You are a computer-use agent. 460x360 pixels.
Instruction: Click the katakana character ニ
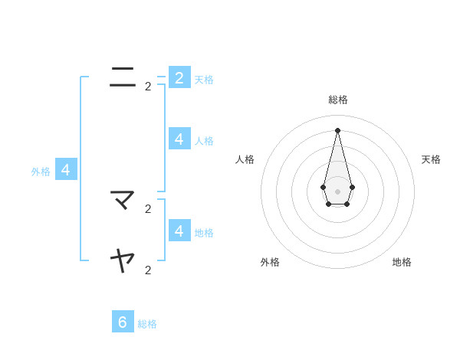pyautogui.click(x=123, y=77)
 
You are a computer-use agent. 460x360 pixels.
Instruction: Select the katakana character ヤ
pyautogui.click(x=123, y=261)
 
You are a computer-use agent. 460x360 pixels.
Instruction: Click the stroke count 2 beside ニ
pyautogui.click(x=148, y=87)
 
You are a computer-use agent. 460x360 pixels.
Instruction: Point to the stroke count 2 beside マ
pyautogui.click(x=148, y=208)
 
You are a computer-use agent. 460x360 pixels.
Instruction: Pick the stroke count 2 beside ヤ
pyautogui.click(x=148, y=270)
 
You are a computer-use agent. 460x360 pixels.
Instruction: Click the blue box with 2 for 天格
pyautogui.click(x=179, y=77)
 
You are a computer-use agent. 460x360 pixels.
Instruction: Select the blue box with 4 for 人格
pyautogui.click(x=179, y=139)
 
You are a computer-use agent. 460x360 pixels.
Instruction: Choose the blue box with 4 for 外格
pyautogui.click(x=66, y=169)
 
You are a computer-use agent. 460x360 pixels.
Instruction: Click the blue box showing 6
pyautogui.click(x=123, y=322)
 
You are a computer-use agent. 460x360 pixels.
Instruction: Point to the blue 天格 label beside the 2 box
pyautogui.click(x=204, y=80)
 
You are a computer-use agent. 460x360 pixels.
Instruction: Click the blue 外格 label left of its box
pyautogui.click(x=41, y=172)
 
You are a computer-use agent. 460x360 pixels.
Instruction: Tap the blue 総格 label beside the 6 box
pyautogui.click(x=147, y=324)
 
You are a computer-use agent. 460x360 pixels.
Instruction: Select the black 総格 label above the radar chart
pyautogui.click(x=338, y=100)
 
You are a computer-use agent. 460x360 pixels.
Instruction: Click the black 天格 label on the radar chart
pyautogui.click(x=431, y=159)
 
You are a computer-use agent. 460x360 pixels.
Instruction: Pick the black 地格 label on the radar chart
pyautogui.click(x=402, y=262)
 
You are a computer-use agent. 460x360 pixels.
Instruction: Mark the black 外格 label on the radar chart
pyautogui.click(x=270, y=262)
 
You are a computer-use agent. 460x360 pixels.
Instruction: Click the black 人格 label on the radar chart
pyautogui.click(x=245, y=159)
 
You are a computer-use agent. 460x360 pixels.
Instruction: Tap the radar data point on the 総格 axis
pyautogui.click(x=338, y=129)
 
